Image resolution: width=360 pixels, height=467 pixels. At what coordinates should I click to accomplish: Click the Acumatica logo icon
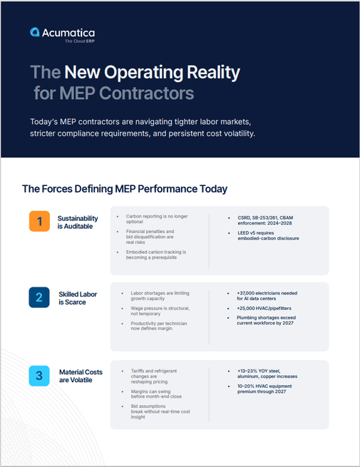tap(35, 32)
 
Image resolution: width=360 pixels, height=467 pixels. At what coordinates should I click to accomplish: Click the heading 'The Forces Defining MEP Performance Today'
tap(125, 189)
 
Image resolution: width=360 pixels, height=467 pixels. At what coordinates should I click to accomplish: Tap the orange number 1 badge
tap(39, 222)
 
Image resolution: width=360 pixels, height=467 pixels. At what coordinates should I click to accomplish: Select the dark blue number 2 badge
tap(39, 297)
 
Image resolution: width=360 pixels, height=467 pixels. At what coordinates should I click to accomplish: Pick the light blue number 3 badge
tap(39, 375)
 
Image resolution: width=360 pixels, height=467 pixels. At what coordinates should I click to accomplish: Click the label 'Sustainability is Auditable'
tap(78, 222)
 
